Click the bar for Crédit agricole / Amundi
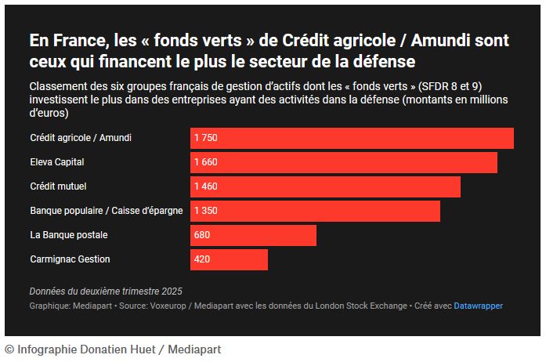pos(352,138)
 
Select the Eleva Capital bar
pos(344,162)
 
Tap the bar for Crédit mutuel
pos(325,186)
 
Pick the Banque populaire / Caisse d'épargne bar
pos(315,211)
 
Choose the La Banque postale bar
pos(253,235)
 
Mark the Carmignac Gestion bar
pos(229,259)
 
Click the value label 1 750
pos(205,138)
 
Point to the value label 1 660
pos(205,162)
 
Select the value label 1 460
pos(205,186)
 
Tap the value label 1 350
pos(205,211)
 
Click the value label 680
pos(202,235)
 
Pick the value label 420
pos(202,259)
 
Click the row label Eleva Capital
pos(56,162)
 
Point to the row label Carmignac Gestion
pos(70,259)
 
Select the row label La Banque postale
pos(68,235)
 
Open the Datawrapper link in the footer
pos(478,306)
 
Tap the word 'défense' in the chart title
pos(387,60)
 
